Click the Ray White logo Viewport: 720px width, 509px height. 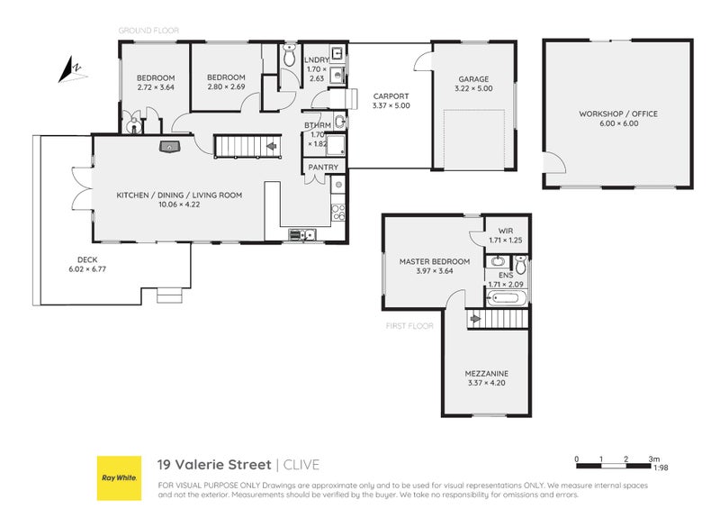(x=118, y=477)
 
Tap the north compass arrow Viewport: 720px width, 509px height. (x=68, y=69)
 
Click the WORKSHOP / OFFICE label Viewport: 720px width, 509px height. (x=617, y=114)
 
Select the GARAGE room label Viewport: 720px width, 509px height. (x=473, y=79)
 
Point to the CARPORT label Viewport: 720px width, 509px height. (x=391, y=95)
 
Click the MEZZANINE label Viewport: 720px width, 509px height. (x=487, y=373)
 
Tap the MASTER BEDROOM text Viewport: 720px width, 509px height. (x=434, y=262)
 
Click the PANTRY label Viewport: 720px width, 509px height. (x=323, y=168)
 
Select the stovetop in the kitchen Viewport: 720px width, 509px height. (x=338, y=213)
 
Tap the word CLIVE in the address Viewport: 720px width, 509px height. (x=301, y=465)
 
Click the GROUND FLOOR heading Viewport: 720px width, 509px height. (x=148, y=31)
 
